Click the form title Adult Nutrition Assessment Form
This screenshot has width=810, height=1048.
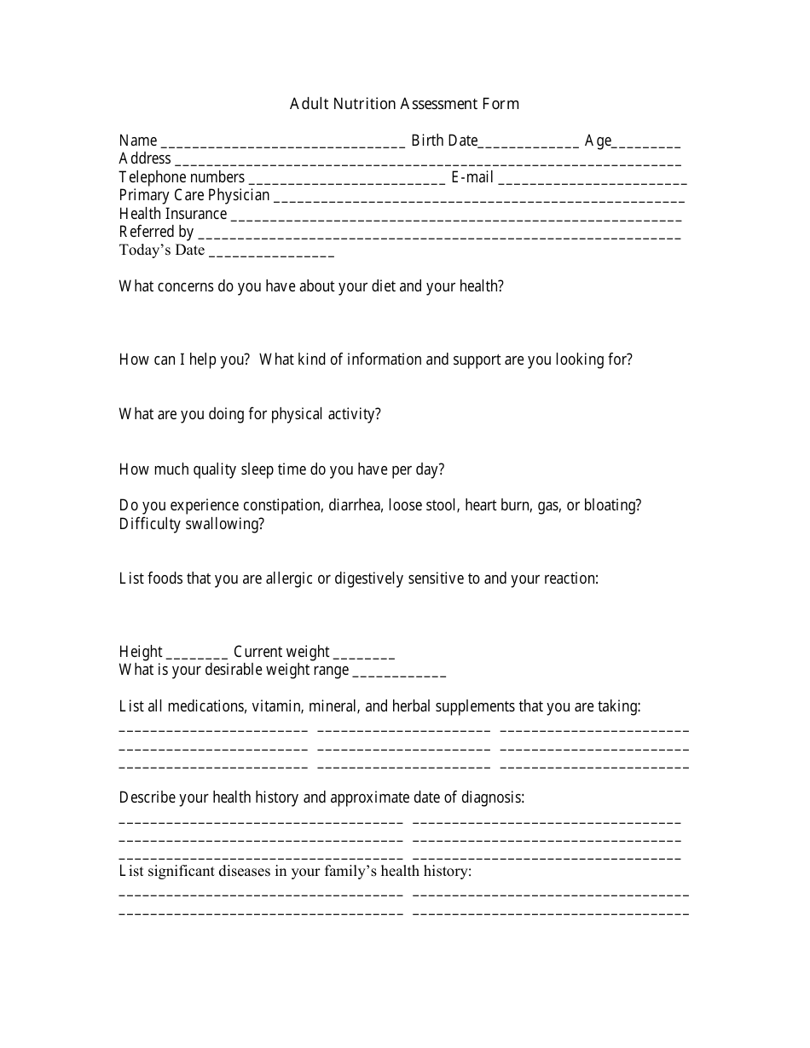click(404, 104)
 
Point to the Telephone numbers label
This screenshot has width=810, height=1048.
click(182, 177)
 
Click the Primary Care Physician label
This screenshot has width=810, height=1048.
click(194, 195)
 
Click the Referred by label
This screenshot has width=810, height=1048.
click(157, 232)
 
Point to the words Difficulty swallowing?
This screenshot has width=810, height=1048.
click(192, 524)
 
